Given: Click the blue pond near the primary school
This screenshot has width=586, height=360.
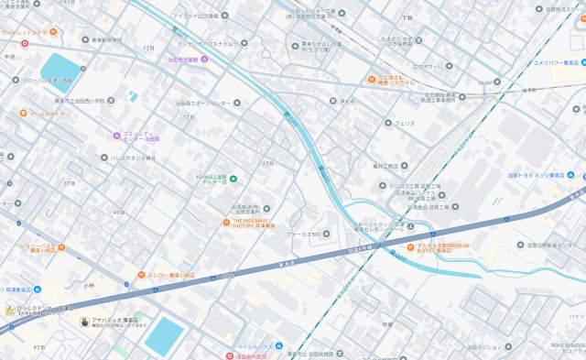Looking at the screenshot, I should pos(60,67).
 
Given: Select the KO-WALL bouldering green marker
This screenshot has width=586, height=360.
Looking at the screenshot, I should pos(233,179).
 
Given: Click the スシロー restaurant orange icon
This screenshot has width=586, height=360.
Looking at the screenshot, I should pos(141,275).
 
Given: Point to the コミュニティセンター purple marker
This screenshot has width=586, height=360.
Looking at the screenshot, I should pos(116,136).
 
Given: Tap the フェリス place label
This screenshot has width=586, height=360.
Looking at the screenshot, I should pos(404,123).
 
